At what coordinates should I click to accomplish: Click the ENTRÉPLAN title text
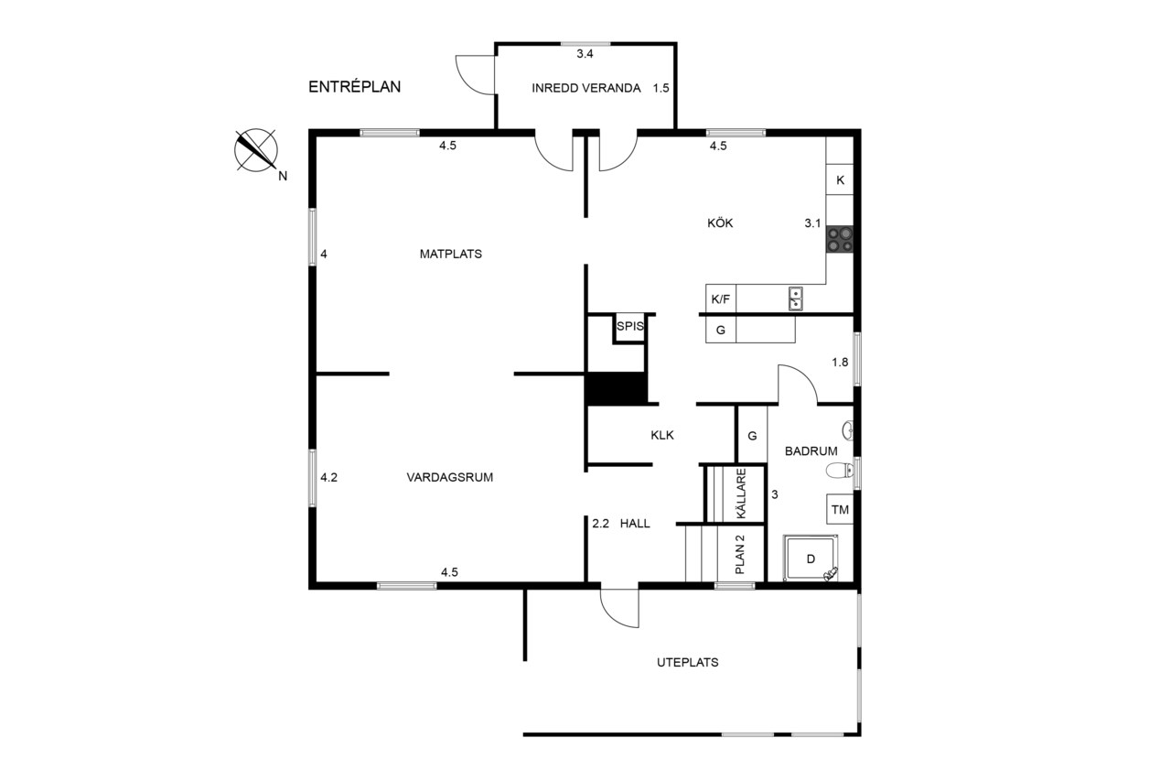(354, 86)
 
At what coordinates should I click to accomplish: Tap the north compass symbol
(255, 150)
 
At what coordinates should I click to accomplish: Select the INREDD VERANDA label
(586, 88)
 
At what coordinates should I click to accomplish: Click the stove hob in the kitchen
(840, 240)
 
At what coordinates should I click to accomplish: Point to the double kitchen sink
(796, 298)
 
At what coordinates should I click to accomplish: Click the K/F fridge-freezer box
(720, 299)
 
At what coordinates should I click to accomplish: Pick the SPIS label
(630, 327)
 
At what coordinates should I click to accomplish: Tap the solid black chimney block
(616, 388)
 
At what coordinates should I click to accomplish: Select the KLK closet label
(662, 435)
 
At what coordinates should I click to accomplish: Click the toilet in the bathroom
(840, 471)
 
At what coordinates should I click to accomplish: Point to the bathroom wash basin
(847, 430)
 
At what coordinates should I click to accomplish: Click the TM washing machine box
(840, 509)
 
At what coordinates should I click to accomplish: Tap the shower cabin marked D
(811, 558)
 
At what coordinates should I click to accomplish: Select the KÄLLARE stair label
(741, 494)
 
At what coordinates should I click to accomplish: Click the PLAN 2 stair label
(740, 554)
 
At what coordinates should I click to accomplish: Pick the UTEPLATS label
(687, 662)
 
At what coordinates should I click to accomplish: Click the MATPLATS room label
(451, 254)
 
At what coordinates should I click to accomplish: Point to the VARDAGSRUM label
(449, 477)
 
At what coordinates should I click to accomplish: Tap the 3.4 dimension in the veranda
(585, 54)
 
